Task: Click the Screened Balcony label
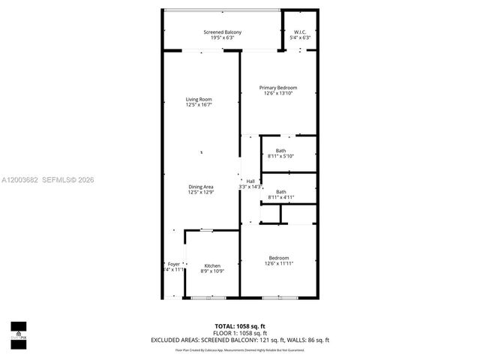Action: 222,31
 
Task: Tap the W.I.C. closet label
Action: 299,31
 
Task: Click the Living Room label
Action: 199,99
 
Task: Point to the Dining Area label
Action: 200,187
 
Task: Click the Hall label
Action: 250,181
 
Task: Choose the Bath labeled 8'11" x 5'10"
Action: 280,151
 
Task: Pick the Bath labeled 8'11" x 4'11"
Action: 280,192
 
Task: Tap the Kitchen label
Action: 212,265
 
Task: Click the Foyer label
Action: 173,264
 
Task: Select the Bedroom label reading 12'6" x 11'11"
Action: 279,258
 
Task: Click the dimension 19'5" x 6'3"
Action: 222,37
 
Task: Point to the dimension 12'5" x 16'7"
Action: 199,105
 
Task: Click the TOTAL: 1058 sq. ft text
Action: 240,325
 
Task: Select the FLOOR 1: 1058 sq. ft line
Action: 240,332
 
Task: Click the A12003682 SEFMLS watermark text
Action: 48,179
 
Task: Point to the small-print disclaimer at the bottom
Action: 240,349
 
